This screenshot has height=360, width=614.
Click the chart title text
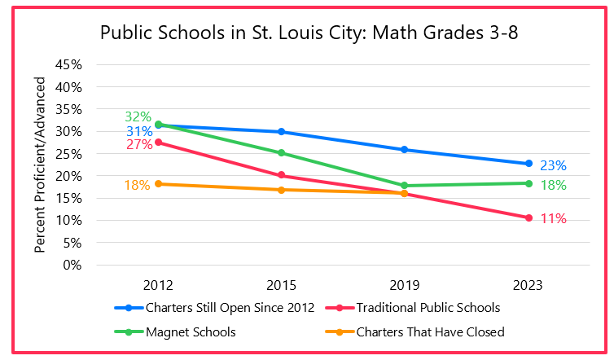tap(309, 33)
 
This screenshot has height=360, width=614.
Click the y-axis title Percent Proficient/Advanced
tap(41, 164)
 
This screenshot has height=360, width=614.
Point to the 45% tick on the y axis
tap(69, 64)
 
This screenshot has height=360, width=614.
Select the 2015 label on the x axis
tap(281, 285)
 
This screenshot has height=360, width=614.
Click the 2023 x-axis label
tap(528, 285)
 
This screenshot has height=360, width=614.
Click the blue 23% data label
tap(553, 165)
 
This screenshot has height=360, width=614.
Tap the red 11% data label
tap(553, 218)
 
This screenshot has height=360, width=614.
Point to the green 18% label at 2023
tap(553, 185)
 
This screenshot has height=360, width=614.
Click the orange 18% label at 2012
tap(137, 185)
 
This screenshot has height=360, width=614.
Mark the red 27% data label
tap(138, 145)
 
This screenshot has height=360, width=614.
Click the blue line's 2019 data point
tap(405, 150)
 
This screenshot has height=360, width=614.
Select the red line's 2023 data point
tap(528, 217)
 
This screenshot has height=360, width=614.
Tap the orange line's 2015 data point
tap(281, 190)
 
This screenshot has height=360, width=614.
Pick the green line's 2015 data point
tap(281, 152)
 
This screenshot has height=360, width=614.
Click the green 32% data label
tap(138, 117)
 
